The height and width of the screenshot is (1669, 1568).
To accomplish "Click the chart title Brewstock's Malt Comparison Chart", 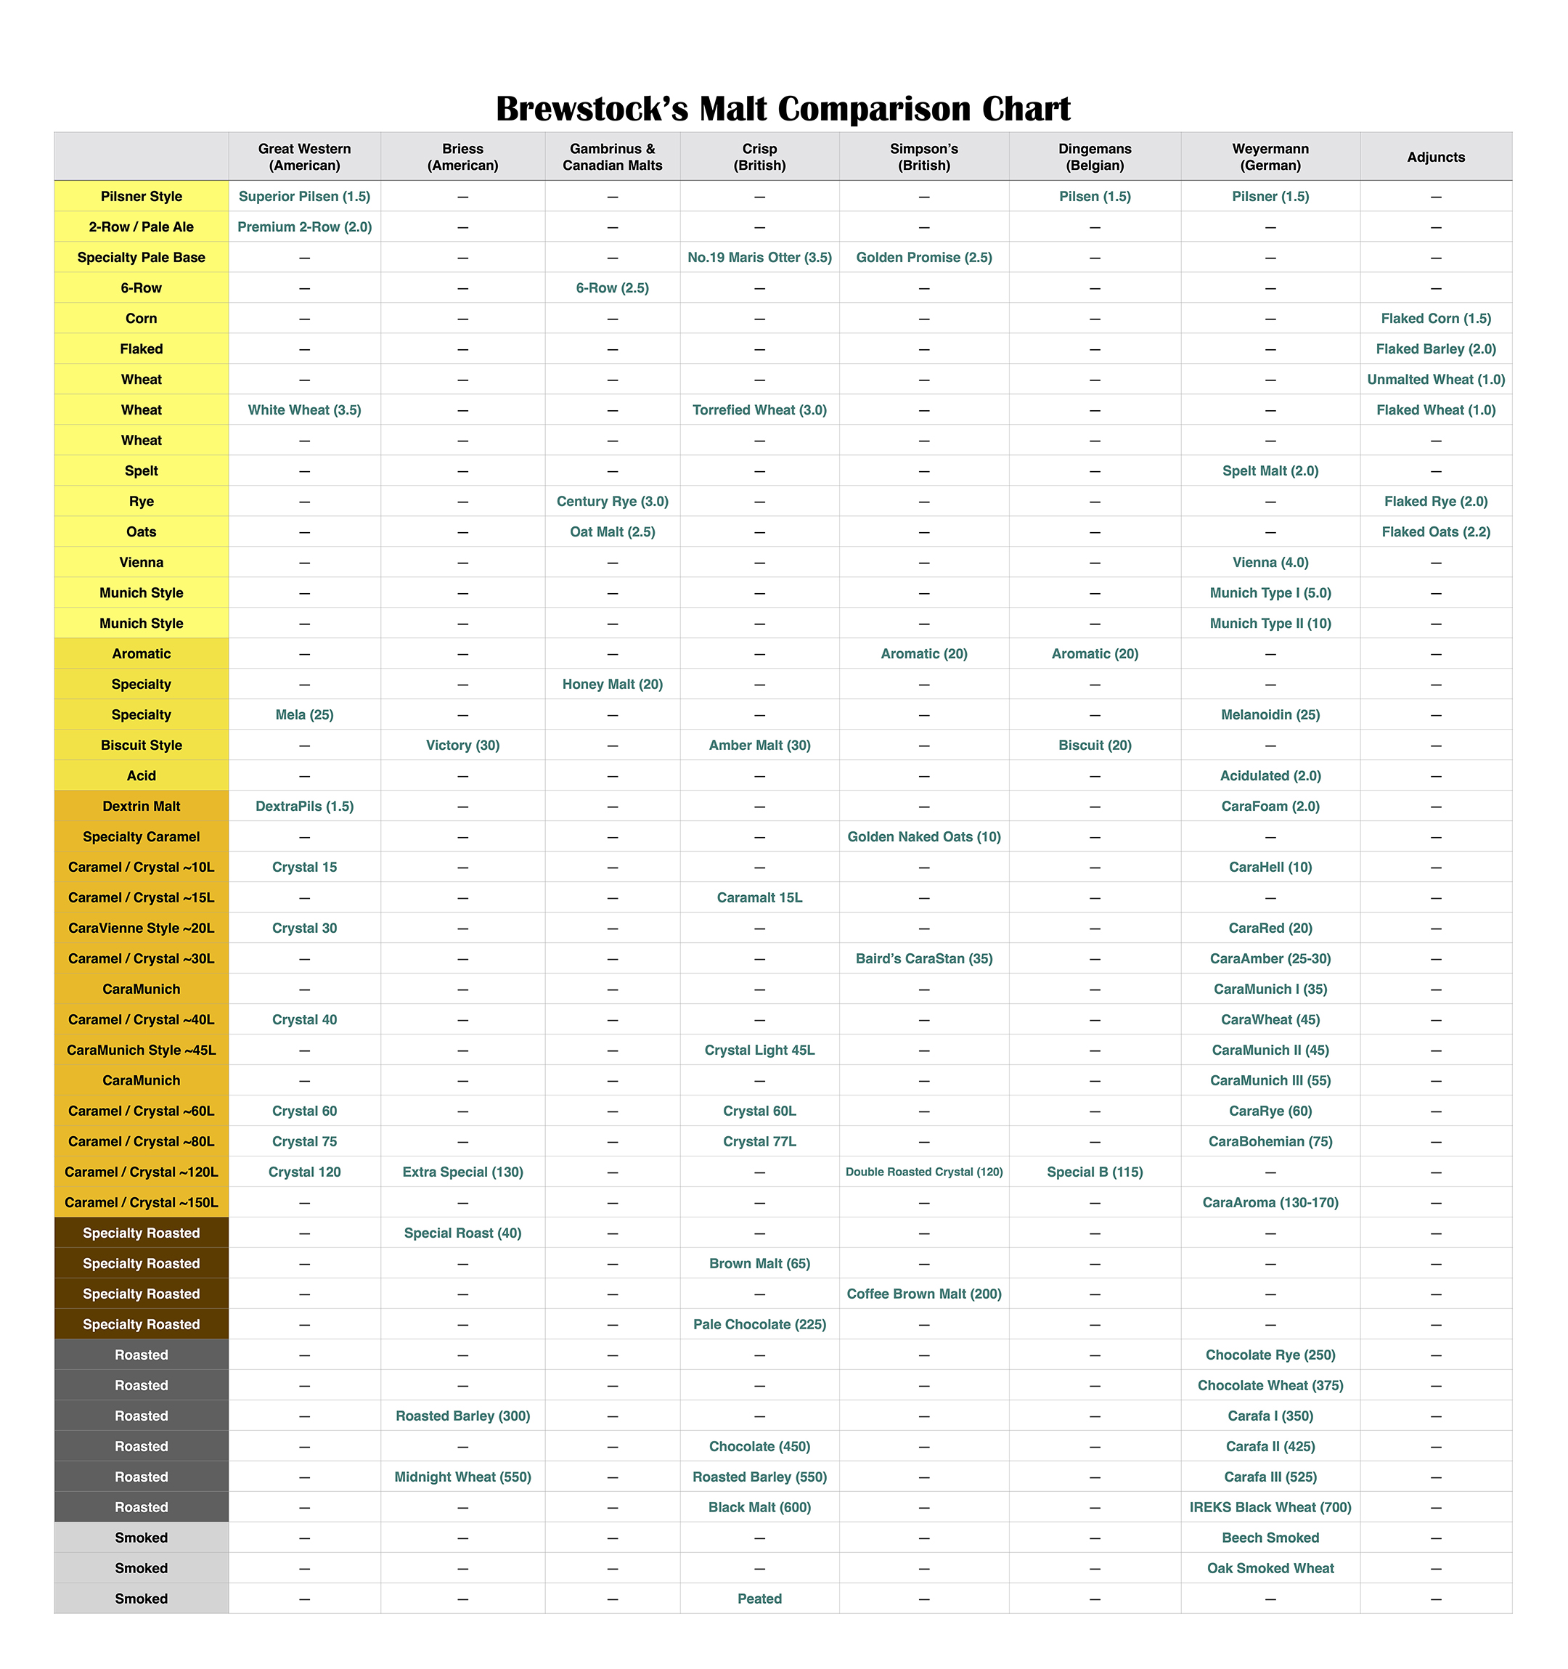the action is point(783,109).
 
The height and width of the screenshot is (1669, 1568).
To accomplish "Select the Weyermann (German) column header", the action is point(1270,157).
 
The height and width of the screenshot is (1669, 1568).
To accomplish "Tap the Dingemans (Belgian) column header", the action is point(1095,157).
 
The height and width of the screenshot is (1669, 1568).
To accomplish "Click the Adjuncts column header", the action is point(1435,157).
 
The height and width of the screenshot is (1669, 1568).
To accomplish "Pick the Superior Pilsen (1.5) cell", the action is point(304,197).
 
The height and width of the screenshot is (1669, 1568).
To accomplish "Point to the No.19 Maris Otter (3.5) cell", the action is point(759,258).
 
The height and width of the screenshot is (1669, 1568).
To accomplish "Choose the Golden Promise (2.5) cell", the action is point(924,258).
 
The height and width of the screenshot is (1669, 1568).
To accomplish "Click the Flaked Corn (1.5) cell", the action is point(1435,318).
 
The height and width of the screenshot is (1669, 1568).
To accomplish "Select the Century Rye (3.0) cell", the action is point(613,501).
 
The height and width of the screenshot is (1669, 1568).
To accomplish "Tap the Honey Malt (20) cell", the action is point(613,684).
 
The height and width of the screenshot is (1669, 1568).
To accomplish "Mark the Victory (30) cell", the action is point(462,746).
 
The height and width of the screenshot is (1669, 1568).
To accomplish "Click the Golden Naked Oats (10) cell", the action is point(924,837).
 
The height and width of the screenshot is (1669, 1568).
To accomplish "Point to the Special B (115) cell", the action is point(1095,1172).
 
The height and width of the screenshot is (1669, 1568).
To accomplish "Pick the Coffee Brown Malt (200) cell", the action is point(924,1294).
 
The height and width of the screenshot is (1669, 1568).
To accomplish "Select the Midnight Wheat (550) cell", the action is point(462,1477).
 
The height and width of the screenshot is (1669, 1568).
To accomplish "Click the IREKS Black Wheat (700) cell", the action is point(1270,1507).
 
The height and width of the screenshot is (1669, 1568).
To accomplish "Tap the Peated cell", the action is point(759,1599).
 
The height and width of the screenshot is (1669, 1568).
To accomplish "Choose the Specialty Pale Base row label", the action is point(141,258).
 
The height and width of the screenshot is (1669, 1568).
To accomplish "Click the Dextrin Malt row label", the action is point(141,806).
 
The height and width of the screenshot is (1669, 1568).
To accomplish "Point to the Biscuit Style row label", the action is point(141,746).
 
